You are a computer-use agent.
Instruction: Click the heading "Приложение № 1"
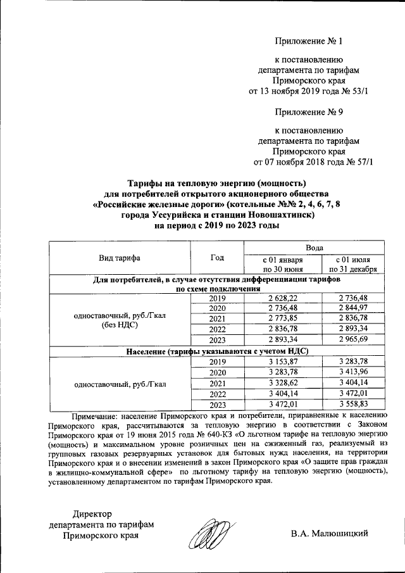(x=309, y=42)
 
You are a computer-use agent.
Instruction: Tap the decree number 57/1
(x=362, y=161)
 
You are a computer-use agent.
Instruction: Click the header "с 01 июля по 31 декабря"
(x=352, y=264)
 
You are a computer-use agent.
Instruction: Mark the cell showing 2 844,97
(x=352, y=308)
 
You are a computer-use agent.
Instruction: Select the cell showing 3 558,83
(x=352, y=405)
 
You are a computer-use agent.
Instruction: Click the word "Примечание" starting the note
(x=97, y=416)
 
